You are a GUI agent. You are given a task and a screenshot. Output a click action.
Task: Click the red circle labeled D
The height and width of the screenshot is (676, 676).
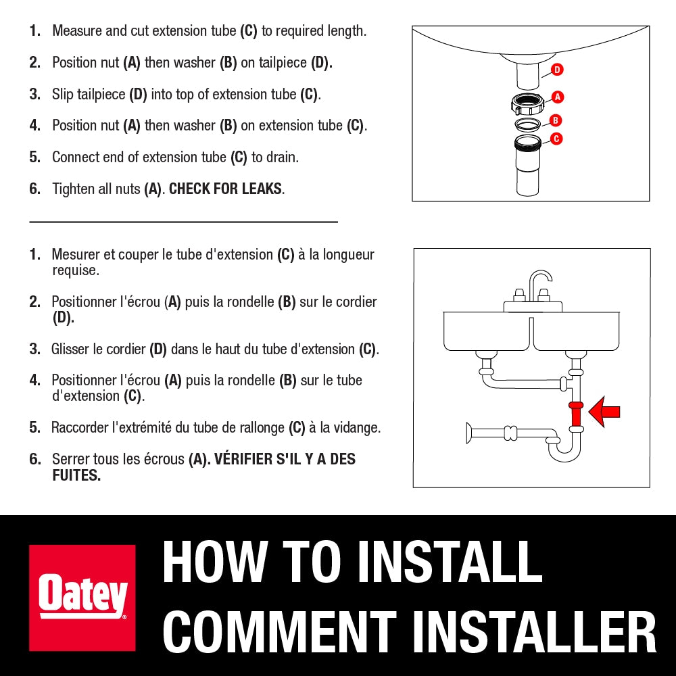pos(557,70)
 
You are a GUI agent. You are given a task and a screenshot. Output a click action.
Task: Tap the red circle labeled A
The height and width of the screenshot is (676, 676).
pos(558,97)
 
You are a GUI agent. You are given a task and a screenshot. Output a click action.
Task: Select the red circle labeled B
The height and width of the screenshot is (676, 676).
pos(555,120)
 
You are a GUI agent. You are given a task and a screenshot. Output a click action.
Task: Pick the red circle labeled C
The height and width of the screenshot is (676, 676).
pos(556,139)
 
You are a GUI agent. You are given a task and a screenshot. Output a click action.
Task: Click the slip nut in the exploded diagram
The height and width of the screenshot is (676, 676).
pos(527,103)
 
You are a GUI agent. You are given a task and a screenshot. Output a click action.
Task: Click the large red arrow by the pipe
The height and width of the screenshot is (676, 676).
pos(604,412)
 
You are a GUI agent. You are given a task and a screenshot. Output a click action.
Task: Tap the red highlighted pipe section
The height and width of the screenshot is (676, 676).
pos(576,414)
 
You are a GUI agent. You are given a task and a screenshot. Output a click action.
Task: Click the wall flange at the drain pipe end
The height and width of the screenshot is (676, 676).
pos(468,433)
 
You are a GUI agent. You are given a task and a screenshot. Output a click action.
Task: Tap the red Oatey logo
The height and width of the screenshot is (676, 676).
pos(82,598)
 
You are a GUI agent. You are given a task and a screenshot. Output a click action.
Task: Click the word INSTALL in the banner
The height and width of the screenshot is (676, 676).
pos(450,562)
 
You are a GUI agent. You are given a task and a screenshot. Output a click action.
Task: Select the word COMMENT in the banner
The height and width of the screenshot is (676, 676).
pos(279,632)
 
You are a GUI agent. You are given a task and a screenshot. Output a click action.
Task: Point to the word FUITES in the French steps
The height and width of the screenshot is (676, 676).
pos(76,475)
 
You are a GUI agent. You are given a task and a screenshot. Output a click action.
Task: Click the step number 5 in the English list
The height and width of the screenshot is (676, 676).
pos(34,157)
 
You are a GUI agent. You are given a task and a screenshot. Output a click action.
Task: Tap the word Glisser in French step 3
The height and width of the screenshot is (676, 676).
pos(70,349)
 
